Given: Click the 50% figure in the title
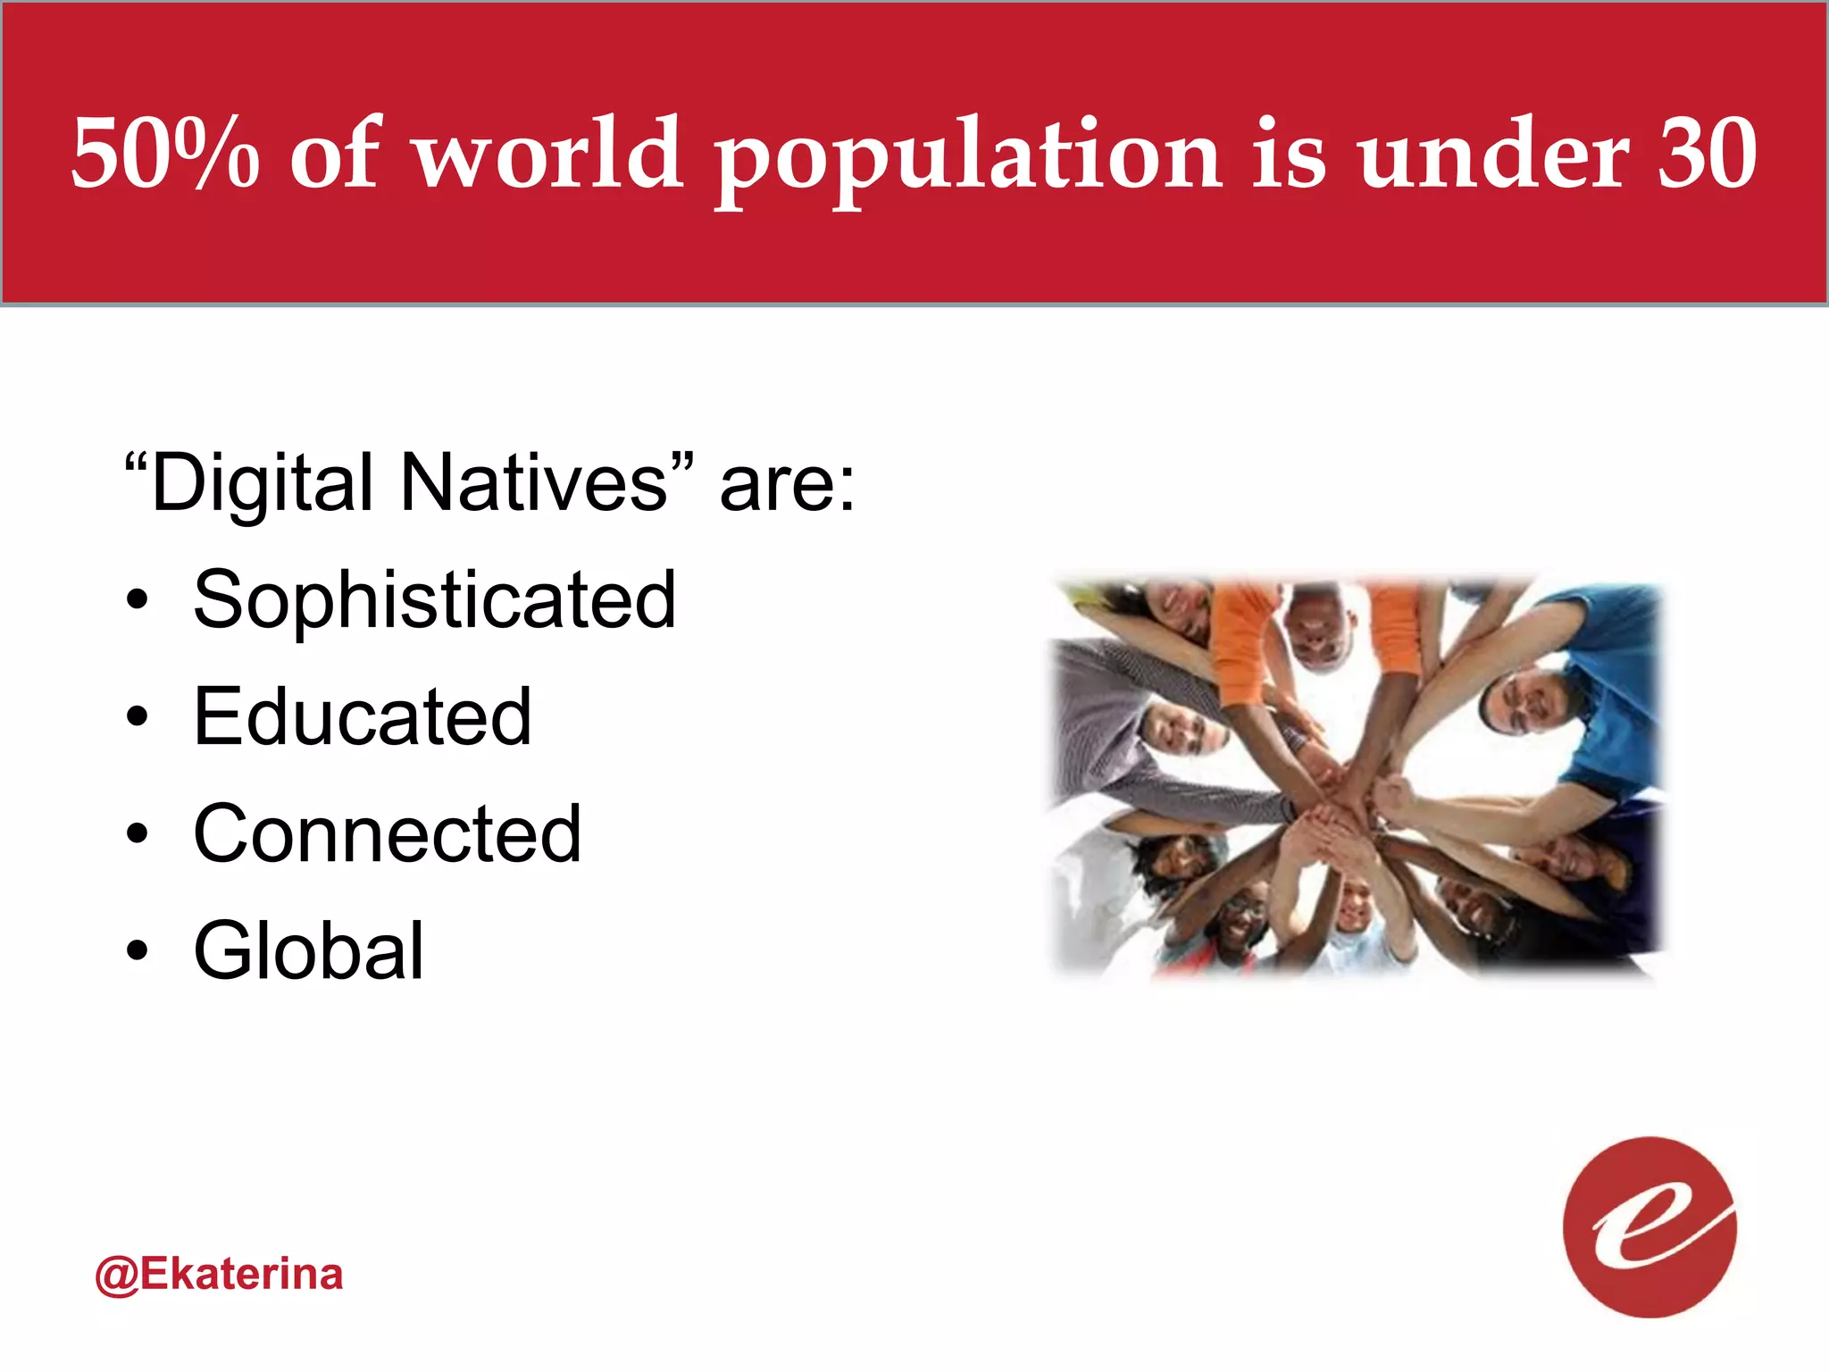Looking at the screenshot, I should click(165, 154).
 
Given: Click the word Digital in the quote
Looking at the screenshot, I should click(263, 484).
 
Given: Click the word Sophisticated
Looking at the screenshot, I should click(435, 600).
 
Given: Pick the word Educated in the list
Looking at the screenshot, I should click(363, 717).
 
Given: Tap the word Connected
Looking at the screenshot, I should click(388, 834).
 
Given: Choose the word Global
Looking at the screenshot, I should click(309, 951).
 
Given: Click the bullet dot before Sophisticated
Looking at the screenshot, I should click(137, 601).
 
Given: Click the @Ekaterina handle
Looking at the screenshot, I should click(219, 1275).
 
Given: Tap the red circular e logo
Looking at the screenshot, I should click(1649, 1227).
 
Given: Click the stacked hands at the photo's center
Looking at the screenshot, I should click(1340, 817).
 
